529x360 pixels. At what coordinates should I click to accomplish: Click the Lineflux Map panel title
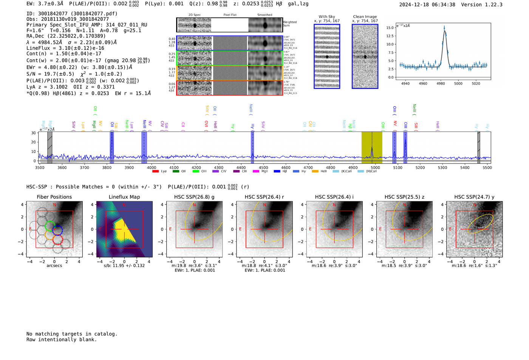124,197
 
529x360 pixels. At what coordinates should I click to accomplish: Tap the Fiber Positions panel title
54,197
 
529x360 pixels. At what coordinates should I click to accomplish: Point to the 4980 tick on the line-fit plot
441,83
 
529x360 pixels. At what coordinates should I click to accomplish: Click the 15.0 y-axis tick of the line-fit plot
390,28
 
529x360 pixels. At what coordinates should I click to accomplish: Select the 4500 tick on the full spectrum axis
263,167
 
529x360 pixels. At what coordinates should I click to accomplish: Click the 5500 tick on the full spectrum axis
487,167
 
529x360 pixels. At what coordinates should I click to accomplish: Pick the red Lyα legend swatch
155,172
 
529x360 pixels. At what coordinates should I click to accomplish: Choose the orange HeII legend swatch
315,172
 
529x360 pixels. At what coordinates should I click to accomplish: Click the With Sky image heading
327,17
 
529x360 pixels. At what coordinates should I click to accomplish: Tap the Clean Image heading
365,17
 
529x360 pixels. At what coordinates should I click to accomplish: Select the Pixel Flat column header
230,15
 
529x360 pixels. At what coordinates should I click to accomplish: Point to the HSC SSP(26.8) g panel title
194,197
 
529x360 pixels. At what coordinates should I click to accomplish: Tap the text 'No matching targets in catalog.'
72,334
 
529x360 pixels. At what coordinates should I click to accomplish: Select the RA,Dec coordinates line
66,36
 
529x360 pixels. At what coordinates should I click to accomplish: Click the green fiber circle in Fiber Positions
50,226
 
